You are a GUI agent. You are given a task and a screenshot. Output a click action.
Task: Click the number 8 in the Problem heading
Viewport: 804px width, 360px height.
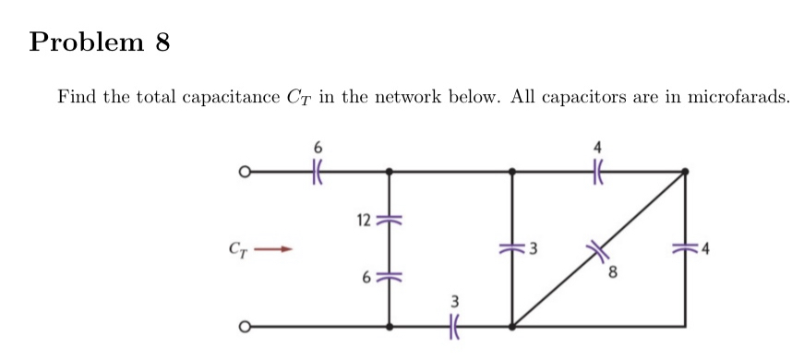(x=162, y=42)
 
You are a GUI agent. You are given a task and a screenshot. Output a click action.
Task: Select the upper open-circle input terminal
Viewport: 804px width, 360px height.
(x=245, y=171)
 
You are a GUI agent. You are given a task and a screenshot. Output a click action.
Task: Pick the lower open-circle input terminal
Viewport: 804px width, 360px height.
(x=245, y=326)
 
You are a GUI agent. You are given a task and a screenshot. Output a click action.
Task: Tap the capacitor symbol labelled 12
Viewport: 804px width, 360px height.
(x=389, y=220)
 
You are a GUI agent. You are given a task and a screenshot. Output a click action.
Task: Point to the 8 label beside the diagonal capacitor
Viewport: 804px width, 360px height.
(x=612, y=274)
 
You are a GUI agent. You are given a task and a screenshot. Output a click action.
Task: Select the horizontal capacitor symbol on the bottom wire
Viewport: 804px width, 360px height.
(x=452, y=326)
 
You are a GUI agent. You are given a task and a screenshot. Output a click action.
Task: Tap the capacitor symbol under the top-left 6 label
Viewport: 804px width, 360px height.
(x=319, y=171)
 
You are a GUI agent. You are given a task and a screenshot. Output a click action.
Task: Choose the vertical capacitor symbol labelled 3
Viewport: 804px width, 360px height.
(x=512, y=247)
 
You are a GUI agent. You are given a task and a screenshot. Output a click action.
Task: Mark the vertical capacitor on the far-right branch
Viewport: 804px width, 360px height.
(x=685, y=247)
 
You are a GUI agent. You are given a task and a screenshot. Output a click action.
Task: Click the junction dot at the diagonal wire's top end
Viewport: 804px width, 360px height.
(x=685, y=171)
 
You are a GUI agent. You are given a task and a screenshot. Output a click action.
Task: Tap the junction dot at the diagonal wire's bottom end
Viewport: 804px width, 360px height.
(x=512, y=326)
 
